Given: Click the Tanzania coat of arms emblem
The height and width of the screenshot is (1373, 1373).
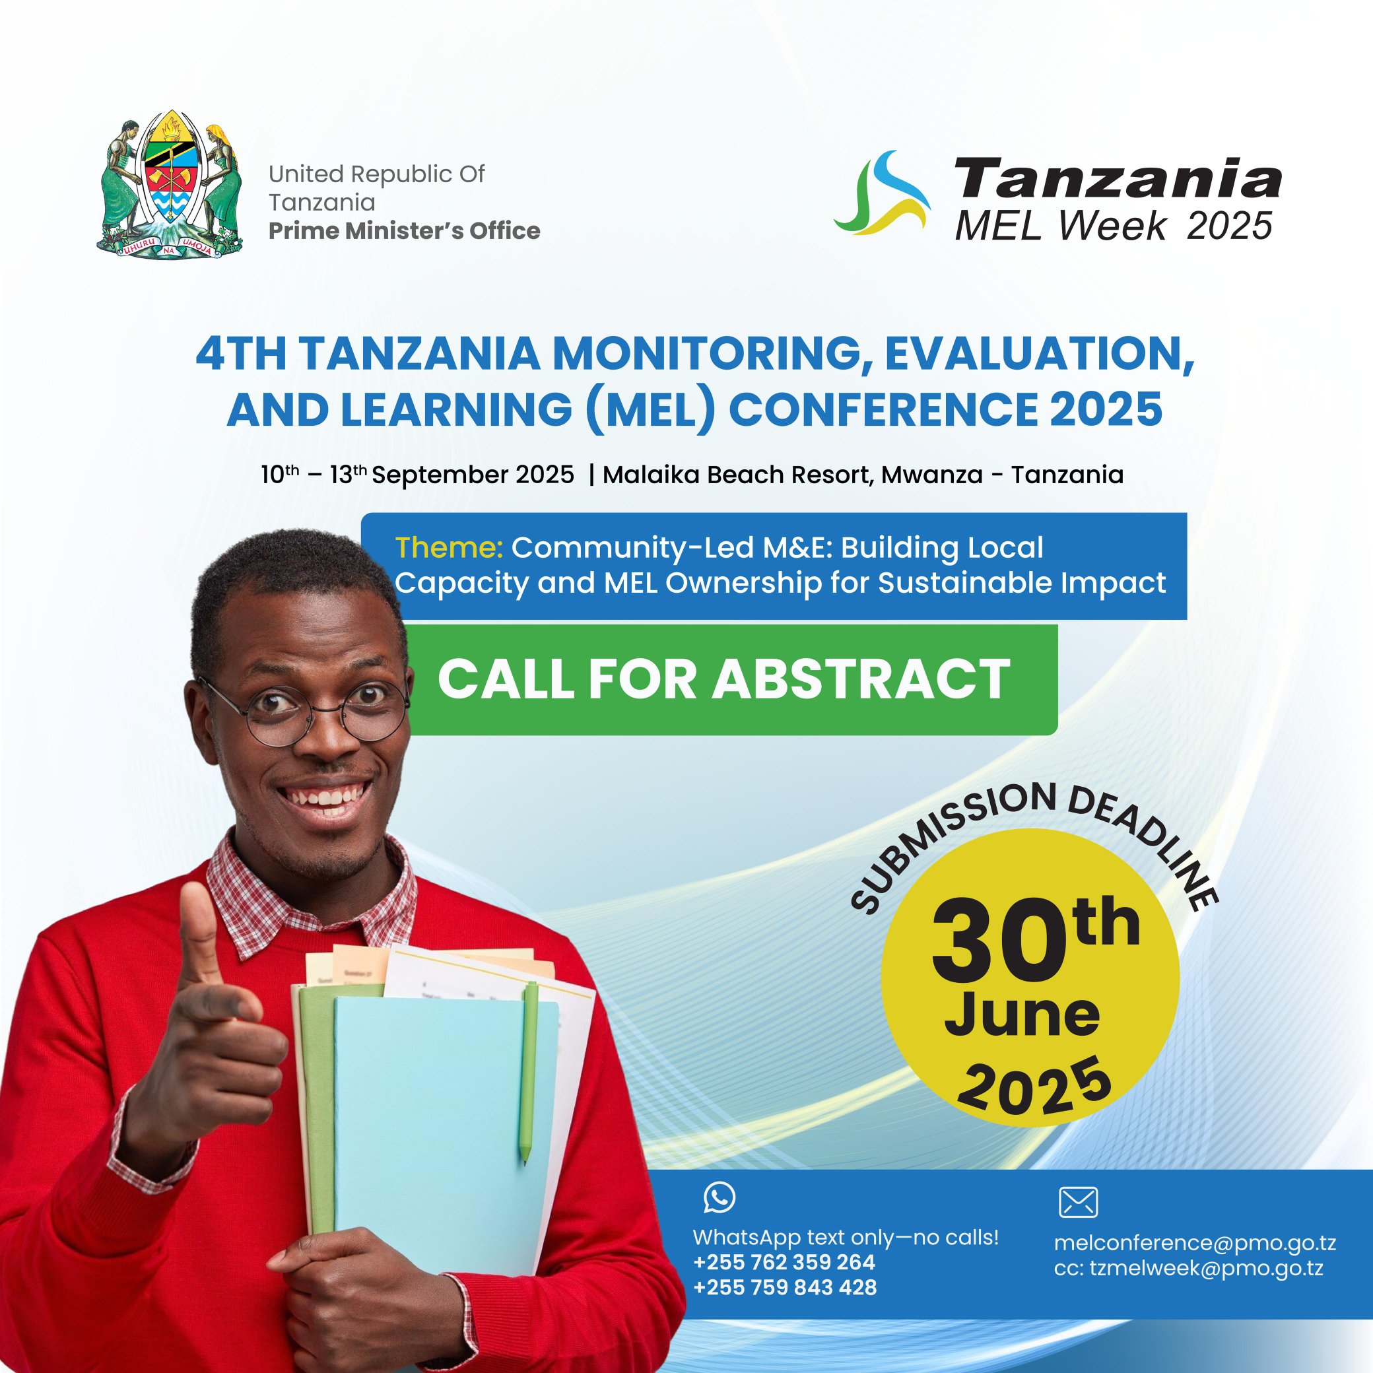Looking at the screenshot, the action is click(x=169, y=185).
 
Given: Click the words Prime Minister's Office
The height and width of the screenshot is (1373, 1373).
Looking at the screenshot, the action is click(x=405, y=231).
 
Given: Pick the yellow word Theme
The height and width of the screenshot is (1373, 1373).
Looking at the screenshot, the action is click(x=449, y=547).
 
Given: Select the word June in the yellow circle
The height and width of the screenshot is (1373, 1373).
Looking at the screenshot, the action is click(x=1022, y=1017).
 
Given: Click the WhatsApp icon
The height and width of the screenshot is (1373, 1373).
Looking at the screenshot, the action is click(x=720, y=1197).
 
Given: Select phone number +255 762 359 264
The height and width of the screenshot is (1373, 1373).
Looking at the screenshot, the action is click(x=784, y=1262).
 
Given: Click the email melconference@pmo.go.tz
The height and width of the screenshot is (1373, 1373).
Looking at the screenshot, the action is click(x=1195, y=1243).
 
